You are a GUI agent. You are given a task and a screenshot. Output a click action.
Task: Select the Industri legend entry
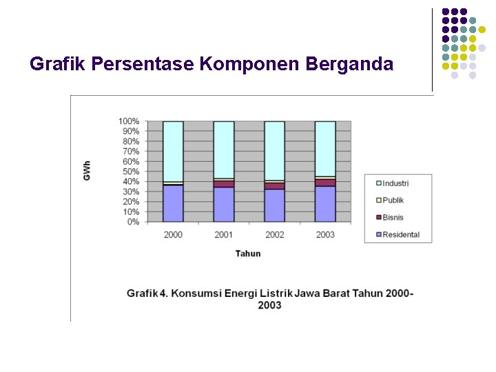pyautogui.click(x=395, y=183)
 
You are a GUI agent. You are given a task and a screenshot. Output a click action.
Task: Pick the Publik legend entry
pyautogui.click(x=393, y=200)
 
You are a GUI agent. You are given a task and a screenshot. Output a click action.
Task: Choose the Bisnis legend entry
pyautogui.click(x=393, y=218)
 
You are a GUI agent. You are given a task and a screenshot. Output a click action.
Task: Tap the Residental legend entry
pyautogui.click(x=400, y=235)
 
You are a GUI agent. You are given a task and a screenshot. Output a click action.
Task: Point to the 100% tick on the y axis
pyautogui.click(x=130, y=121)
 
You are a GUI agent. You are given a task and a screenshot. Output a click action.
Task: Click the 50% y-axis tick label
pyautogui.click(x=131, y=172)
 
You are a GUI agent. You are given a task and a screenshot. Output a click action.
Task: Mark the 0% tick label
pyautogui.click(x=133, y=222)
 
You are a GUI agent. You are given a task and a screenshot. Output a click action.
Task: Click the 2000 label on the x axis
pyautogui.click(x=173, y=235)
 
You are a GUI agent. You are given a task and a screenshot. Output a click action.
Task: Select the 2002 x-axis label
pyautogui.click(x=274, y=235)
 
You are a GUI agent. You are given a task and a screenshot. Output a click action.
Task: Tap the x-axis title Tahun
pyautogui.click(x=248, y=254)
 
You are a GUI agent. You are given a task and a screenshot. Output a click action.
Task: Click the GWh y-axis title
pyautogui.click(x=87, y=171)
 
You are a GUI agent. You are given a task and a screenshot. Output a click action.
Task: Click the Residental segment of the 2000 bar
pyautogui.click(x=173, y=204)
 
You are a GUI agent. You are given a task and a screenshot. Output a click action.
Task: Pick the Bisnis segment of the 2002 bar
pyautogui.click(x=274, y=186)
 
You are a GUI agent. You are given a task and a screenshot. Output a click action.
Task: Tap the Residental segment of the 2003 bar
pyautogui.click(x=325, y=204)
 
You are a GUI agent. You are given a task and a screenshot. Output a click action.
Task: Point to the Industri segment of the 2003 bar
pyautogui.click(x=325, y=148)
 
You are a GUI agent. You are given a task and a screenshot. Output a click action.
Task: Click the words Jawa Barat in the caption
pyautogui.click(x=322, y=293)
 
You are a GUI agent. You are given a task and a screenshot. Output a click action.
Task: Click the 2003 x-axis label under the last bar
pyautogui.click(x=325, y=235)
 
